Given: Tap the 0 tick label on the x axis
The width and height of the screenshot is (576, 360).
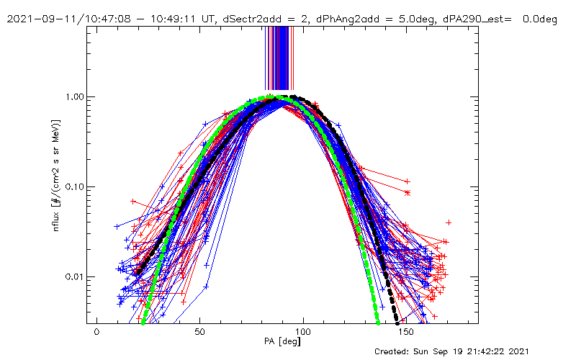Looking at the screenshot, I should (x=96, y=332).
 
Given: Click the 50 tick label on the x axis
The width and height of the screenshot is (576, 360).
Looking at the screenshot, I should (x=200, y=332).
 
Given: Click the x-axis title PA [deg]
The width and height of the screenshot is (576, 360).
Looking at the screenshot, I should (x=282, y=342).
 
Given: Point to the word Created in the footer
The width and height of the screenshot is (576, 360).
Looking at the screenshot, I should (x=395, y=351).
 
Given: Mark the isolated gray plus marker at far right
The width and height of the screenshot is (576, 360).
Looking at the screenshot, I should (x=449, y=222).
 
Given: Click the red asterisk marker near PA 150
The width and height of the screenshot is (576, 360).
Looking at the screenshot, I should (x=408, y=193).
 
